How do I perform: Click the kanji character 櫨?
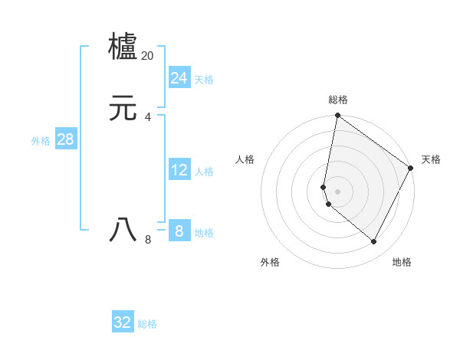coord(123,47)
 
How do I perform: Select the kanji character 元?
coord(123,109)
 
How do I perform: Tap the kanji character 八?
coord(123,230)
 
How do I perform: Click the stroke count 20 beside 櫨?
coord(148,56)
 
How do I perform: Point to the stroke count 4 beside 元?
coord(148,116)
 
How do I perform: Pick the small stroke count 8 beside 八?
coord(148,240)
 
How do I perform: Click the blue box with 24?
coord(179,78)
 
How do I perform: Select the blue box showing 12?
coord(179,170)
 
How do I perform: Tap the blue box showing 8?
coord(179,231)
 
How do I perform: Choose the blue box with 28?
coord(65,139)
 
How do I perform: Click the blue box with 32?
coord(123,322)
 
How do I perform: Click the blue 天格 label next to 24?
coord(204,80)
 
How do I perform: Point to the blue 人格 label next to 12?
coord(204,172)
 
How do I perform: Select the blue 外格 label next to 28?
coord(41,141)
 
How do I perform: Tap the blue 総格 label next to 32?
coord(148,324)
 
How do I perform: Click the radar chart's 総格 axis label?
coord(338,100)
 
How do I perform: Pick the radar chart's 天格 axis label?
coord(431,159)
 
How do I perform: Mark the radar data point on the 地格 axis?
coord(373,241)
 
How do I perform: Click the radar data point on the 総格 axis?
coord(337,116)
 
